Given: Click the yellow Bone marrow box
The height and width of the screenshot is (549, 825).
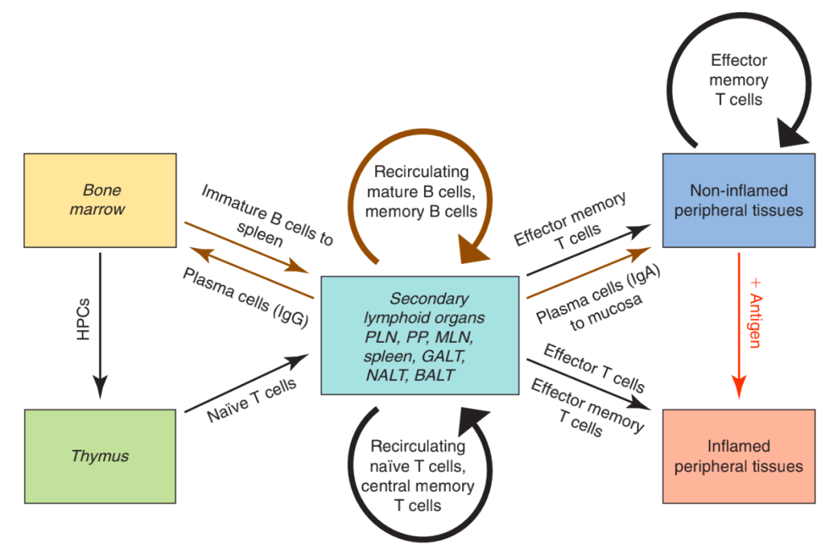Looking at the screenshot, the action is pos(100,200).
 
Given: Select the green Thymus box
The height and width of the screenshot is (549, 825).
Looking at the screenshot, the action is pos(100,456).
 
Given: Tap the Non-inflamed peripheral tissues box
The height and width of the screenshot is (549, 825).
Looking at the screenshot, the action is pos(739,200).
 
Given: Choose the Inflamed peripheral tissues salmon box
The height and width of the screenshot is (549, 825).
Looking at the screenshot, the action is pos(739,456).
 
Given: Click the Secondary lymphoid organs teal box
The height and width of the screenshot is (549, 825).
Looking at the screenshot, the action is pos(420,335).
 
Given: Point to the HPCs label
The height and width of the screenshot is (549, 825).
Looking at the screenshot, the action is pos(83,319).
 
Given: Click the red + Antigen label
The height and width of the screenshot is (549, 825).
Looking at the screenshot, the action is pos(755,313).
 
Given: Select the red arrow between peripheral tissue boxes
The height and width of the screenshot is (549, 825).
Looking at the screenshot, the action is pos(739,325).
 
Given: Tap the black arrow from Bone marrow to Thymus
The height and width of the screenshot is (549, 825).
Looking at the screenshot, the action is pos(100,325).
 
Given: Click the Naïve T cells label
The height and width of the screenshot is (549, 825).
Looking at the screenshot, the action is pos(251,399).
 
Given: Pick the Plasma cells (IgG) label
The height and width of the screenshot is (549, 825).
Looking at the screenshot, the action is pos(245,297).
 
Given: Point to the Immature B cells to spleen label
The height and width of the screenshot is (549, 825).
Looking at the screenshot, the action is pos(266,217).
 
